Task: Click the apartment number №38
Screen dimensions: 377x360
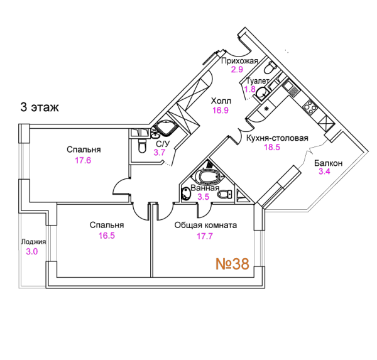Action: tap(232, 264)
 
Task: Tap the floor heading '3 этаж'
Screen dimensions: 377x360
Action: tap(40, 107)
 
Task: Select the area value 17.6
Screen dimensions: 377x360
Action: tap(83, 160)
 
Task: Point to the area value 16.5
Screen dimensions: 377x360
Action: tap(107, 236)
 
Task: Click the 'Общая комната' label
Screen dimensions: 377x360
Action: tap(205, 226)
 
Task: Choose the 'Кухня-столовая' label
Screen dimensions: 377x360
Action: tap(277, 138)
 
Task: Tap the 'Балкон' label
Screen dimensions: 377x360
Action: tap(328, 163)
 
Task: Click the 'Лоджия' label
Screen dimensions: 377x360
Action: tap(33, 242)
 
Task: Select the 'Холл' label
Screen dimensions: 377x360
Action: tap(221, 101)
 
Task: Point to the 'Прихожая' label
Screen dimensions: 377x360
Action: tap(239, 61)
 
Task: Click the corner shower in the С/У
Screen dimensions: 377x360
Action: tap(166, 128)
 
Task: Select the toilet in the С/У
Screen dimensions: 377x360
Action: tap(142, 146)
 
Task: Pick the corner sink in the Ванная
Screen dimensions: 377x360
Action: tap(186, 194)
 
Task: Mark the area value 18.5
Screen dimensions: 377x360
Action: tap(272, 147)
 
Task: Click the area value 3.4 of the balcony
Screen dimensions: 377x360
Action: tap(324, 172)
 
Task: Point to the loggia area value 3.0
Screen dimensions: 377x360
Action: tap(32, 251)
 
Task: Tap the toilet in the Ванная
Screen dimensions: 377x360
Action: tap(225, 194)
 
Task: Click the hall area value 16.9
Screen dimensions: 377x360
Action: tap(221, 111)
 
